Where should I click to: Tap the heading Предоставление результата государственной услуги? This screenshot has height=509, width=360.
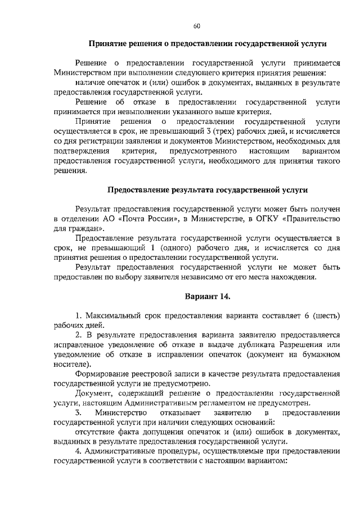[x=208, y=190]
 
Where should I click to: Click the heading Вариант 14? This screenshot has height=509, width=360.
[x=208, y=296]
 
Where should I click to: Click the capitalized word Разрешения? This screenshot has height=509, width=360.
[x=295, y=345]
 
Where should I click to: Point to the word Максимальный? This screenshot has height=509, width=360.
[x=112, y=313]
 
